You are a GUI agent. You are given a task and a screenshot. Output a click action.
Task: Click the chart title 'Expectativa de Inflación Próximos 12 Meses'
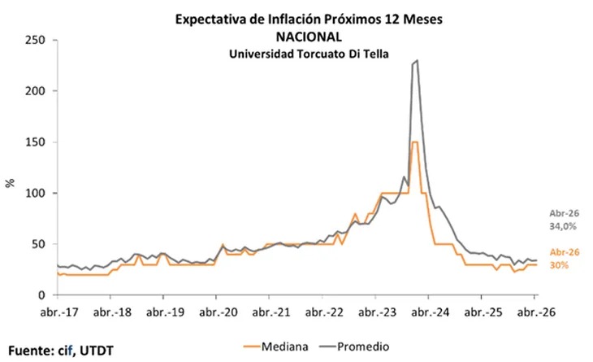pos(309,20)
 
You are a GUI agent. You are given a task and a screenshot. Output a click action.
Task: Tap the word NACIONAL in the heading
pos(309,37)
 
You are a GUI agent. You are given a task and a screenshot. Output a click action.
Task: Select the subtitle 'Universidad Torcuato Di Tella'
pos(309,54)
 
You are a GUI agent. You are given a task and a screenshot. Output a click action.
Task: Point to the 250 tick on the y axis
pos(35,40)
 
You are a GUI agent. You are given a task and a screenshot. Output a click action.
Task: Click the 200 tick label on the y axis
pos(35,91)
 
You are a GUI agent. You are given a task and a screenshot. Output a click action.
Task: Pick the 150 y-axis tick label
pos(35,142)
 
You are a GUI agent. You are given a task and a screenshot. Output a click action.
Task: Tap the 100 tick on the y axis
pos(35,193)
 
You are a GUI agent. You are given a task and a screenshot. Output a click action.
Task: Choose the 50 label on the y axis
pos(38,244)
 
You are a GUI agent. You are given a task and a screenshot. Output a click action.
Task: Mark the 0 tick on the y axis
pos(41,295)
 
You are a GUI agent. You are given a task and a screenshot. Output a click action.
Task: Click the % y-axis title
pos(11,183)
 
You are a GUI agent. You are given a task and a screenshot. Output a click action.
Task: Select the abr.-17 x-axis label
pos(59,312)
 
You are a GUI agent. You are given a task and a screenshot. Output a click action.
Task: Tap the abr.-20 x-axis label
pos(219,312)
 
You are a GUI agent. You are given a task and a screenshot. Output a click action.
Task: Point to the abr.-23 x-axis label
pos(377,312)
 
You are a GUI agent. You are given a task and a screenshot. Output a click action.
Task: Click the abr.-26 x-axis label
pos(536,312)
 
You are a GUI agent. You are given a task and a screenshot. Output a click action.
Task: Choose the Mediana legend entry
pos(275,347)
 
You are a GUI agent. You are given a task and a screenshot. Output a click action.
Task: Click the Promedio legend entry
pos(354,347)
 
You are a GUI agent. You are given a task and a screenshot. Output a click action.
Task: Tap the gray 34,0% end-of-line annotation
pos(563,226)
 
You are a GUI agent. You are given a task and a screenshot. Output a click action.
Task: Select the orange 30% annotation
pos(559,265)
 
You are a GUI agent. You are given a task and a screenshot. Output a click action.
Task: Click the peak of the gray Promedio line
pos(417,60)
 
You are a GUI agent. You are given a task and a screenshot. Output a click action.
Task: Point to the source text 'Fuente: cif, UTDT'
pos(61,351)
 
